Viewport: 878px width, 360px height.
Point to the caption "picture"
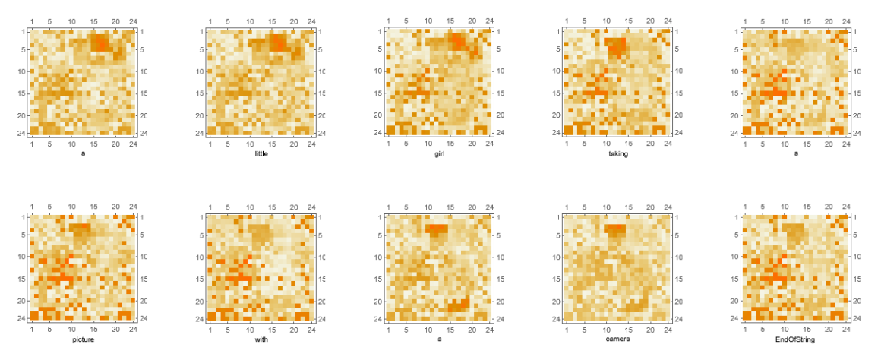click(83, 339)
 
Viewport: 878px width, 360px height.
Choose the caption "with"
click(261, 339)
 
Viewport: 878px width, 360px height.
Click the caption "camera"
click(617, 339)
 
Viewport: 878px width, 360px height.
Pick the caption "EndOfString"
click(794, 339)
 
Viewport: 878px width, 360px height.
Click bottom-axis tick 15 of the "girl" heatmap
click(450, 144)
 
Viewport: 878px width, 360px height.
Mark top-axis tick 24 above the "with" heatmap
click(311, 206)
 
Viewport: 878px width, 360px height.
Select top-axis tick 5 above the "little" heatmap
click(228, 20)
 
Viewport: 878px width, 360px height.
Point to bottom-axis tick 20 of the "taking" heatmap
click(649, 144)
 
